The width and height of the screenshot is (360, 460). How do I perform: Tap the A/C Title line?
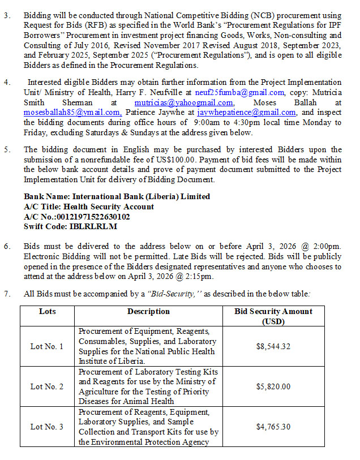[88, 207]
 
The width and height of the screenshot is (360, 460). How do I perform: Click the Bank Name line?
[117, 196]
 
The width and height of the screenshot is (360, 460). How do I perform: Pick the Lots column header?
[48, 312]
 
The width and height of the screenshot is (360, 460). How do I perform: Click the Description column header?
[148, 312]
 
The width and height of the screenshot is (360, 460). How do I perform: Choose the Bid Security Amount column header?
[273, 316]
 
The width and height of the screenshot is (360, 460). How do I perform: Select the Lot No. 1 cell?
[47, 346]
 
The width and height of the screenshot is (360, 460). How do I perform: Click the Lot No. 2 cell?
[47, 386]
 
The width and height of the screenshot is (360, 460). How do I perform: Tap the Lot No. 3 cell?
[47, 427]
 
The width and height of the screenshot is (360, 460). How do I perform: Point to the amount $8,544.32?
[273, 346]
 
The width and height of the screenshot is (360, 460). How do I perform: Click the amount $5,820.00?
[273, 386]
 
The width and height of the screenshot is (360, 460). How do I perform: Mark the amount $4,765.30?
[273, 427]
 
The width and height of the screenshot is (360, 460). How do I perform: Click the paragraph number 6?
[7, 247]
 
